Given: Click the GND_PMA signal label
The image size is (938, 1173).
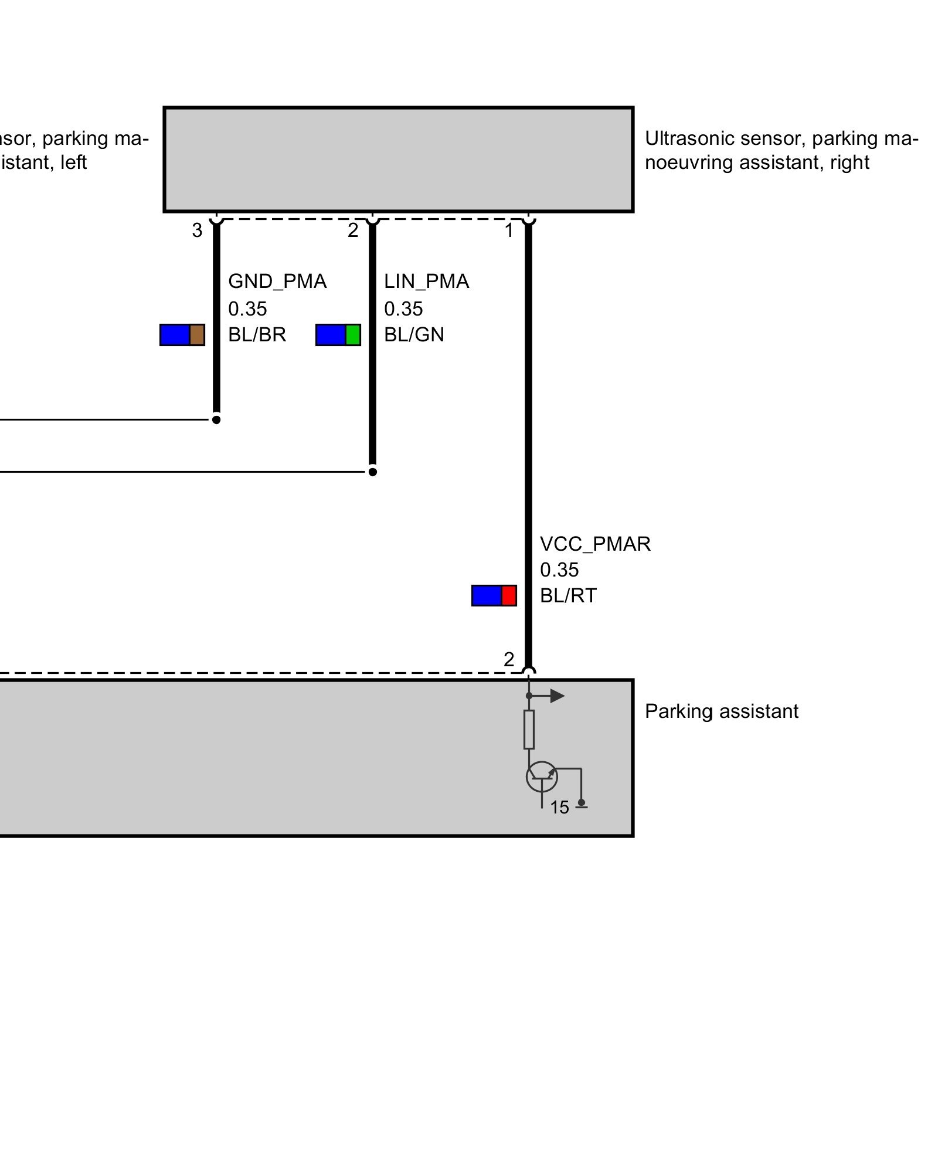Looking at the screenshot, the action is pyautogui.click(x=277, y=282).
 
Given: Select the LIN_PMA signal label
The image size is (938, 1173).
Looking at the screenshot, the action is pyautogui.click(x=426, y=282).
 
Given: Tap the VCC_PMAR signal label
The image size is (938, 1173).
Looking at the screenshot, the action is pyautogui.click(x=594, y=544).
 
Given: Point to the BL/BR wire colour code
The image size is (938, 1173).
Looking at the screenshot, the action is pyautogui.click(x=257, y=334).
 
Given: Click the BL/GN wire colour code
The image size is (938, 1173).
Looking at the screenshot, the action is pyautogui.click(x=414, y=334).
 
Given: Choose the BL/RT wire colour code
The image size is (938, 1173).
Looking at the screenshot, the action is pyautogui.click(x=567, y=596).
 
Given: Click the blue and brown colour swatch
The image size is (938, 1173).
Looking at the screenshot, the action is pyautogui.click(x=182, y=335).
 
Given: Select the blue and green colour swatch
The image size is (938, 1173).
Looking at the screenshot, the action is pyautogui.click(x=338, y=335).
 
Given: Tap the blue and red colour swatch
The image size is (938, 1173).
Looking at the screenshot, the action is pyautogui.click(x=494, y=595).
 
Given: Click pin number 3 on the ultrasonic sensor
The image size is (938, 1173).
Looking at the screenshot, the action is pyautogui.click(x=197, y=230).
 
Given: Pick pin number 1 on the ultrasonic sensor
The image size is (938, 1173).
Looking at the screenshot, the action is pyautogui.click(x=509, y=230).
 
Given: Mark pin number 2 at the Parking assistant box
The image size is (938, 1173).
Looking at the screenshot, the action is pyautogui.click(x=509, y=660).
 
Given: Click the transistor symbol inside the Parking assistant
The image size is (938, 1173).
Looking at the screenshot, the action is pyautogui.click(x=542, y=777).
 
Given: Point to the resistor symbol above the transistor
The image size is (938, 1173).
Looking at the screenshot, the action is pyautogui.click(x=529, y=729).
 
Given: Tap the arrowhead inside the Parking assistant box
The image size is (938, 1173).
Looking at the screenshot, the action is pyautogui.click(x=557, y=696).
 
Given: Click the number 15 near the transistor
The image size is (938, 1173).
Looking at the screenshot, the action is pyautogui.click(x=559, y=808).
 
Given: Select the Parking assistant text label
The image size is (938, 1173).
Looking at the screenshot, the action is pyautogui.click(x=721, y=711).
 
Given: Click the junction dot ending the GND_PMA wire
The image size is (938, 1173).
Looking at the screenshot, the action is pyautogui.click(x=216, y=420).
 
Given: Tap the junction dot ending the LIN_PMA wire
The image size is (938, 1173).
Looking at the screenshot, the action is pyautogui.click(x=372, y=472).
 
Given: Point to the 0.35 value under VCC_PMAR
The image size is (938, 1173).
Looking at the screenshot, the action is pyautogui.click(x=559, y=570).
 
